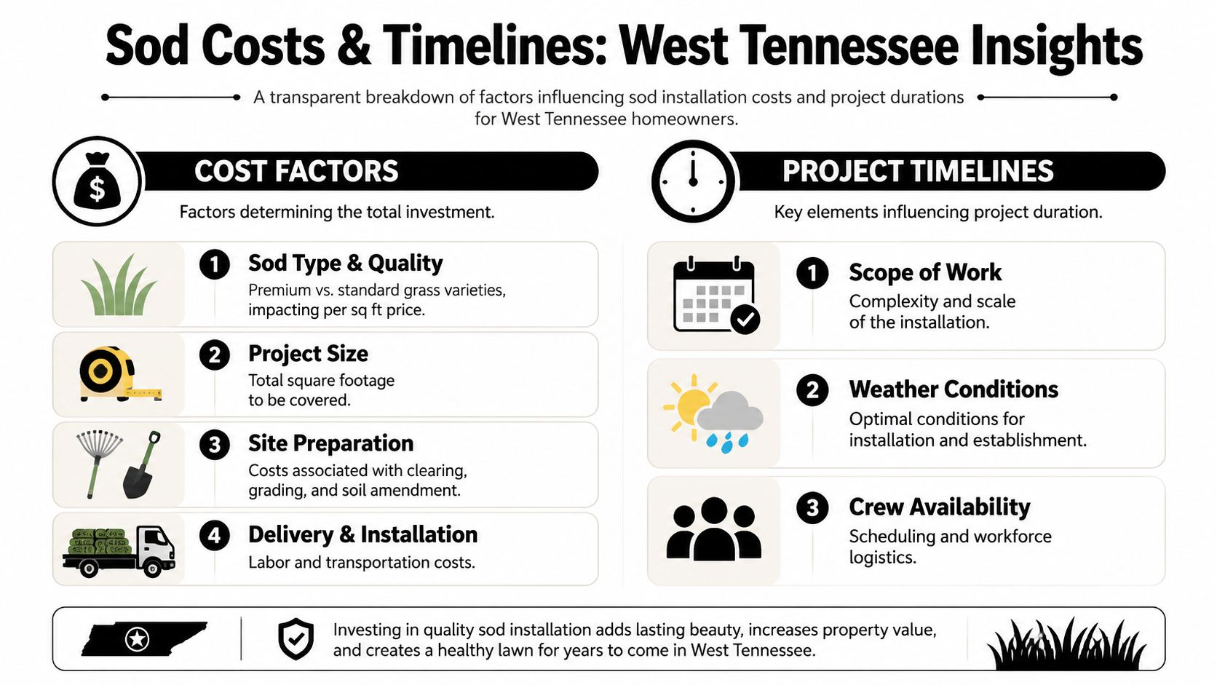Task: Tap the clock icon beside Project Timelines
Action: [x=693, y=181]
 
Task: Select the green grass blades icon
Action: [x=119, y=285]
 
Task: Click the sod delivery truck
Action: [x=119, y=551]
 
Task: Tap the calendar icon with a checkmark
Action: [x=715, y=295]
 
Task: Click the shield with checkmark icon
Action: [x=296, y=639]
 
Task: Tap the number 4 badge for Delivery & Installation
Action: [x=215, y=536]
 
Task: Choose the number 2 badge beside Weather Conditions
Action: [x=812, y=390]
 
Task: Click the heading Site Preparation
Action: [x=331, y=443]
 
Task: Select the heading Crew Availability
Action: [x=940, y=507]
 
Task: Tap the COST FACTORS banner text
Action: [x=297, y=171]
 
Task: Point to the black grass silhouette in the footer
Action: [x=1066, y=644]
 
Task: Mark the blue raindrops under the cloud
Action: [x=727, y=442]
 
